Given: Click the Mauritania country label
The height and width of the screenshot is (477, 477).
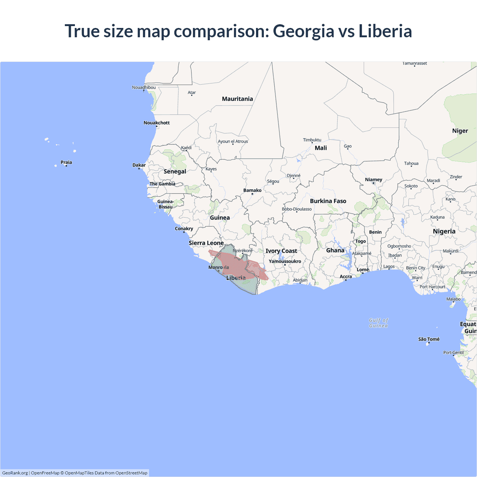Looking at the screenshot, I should click(x=237, y=99).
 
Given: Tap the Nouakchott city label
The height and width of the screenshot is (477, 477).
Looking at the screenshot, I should click(x=157, y=123).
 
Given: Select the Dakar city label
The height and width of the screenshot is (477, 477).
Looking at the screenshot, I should click(x=139, y=165).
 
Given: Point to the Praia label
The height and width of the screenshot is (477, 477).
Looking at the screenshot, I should click(x=66, y=162).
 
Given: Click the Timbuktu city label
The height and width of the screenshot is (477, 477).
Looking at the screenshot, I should click(x=312, y=140).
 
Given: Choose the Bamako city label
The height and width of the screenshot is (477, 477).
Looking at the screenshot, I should click(x=252, y=190).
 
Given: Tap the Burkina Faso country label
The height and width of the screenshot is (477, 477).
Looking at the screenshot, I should click(x=328, y=201).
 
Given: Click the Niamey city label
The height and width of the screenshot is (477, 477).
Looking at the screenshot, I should click(x=373, y=180).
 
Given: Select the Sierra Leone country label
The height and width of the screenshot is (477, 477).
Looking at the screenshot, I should click(x=206, y=243).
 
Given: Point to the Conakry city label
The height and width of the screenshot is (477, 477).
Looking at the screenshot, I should click(x=184, y=229).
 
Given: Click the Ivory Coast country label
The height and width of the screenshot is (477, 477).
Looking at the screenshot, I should click(x=281, y=251).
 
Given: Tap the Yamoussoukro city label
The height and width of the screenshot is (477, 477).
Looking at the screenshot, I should click(x=285, y=261).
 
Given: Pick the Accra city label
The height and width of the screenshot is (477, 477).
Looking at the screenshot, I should click(x=345, y=277).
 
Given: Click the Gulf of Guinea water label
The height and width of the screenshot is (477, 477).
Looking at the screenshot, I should click(x=378, y=323).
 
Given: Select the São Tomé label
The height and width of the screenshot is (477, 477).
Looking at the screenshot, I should click(x=429, y=339).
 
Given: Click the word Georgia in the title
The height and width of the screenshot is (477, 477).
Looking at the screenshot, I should click(x=303, y=31).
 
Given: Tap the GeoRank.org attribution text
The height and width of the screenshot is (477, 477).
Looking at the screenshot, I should click(x=15, y=473).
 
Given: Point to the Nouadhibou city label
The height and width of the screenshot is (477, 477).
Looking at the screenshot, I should click(x=144, y=88).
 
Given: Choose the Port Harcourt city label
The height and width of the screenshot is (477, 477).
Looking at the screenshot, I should click(x=432, y=287).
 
